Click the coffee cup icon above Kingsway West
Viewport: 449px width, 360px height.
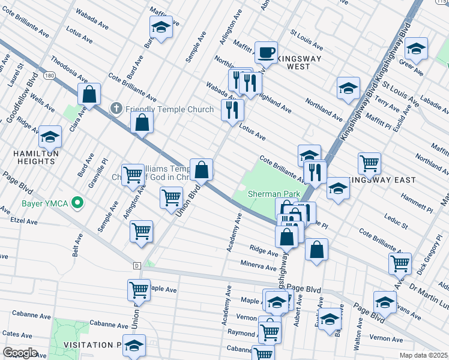pos(266,52)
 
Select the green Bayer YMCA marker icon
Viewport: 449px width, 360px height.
pos(76,203)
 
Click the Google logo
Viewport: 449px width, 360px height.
pos(20,352)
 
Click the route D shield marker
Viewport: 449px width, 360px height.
pos(136,265)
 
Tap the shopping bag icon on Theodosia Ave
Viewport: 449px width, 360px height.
pos(89,94)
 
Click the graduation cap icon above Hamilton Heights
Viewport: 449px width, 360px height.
pos(50,137)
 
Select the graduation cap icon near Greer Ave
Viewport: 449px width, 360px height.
pos(416,48)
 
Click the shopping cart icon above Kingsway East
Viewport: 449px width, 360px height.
pos(369,163)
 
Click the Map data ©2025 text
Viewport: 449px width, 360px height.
pos(423,355)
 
